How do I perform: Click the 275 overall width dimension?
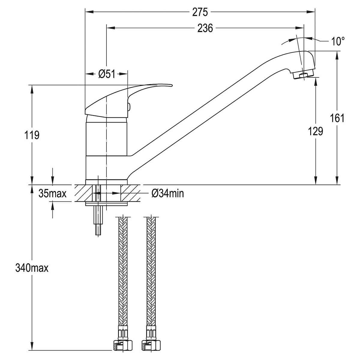[200, 12]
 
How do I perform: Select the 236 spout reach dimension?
[205, 28]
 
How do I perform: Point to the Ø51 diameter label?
[107, 74]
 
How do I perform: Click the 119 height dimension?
[32, 135]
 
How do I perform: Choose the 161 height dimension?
[337, 118]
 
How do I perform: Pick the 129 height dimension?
[316, 131]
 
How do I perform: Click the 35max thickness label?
[52, 193]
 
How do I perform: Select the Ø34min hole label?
[168, 194]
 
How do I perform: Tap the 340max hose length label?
[32, 268]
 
